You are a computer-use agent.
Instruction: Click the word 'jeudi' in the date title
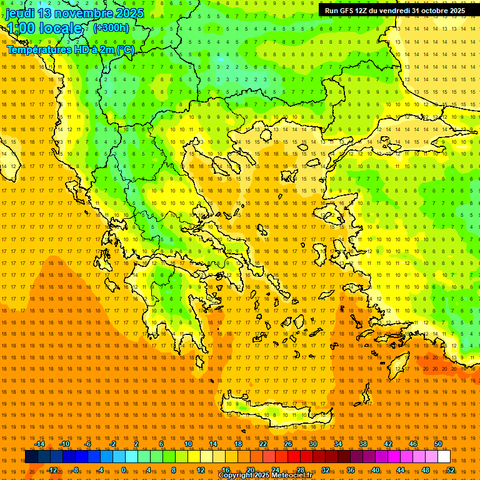tap(20, 13)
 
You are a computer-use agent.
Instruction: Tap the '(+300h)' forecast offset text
tap(111, 27)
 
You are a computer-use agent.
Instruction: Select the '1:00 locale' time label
tap(44, 28)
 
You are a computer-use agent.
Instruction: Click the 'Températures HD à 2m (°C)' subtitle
tap(70, 49)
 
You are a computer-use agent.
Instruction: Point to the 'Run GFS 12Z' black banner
tap(394, 11)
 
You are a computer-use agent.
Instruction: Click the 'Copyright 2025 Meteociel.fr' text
tap(265, 476)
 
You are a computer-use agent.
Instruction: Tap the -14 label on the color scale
tap(39, 444)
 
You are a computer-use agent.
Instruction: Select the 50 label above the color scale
tap(438, 444)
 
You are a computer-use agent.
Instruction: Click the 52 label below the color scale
tap(451, 470)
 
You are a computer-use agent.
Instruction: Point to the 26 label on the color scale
tap(288, 444)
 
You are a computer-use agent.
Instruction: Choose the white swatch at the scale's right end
tap(444, 457)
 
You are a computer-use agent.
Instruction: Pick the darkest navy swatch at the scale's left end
tap(31, 457)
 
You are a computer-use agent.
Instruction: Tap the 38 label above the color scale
tap(363, 444)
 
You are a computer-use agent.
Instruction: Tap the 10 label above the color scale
tap(188, 444)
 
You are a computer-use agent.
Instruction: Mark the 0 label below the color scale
tap(124, 470)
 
